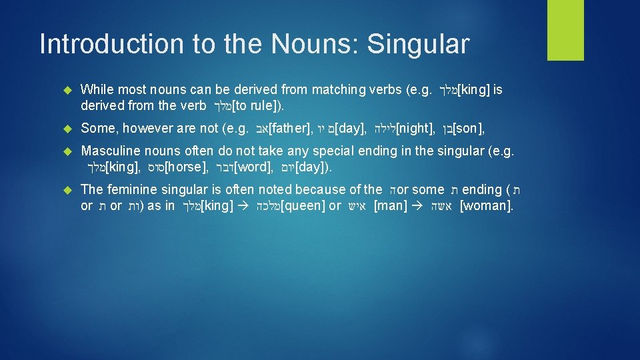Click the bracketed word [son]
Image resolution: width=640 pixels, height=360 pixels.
(x=468, y=129)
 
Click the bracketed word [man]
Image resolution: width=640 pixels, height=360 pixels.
(x=391, y=206)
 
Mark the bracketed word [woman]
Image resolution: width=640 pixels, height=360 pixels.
(x=487, y=206)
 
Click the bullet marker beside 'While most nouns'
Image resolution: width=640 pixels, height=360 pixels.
(x=65, y=90)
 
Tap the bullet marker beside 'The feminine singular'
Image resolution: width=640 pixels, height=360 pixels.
(x=65, y=191)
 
